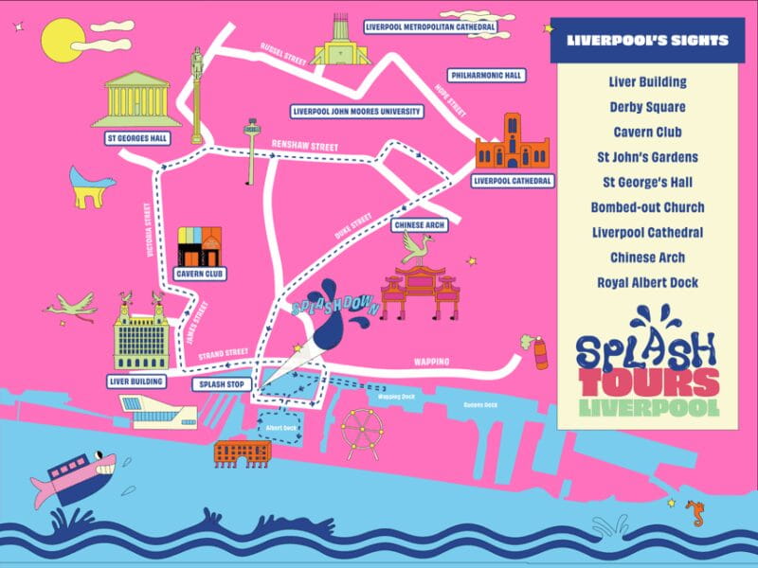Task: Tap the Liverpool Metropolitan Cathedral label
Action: pyautogui.click(x=430, y=27)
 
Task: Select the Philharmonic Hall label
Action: pyautogui.click(x=488, y=75)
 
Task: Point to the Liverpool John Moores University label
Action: pyautogui.click(x=356, y=111)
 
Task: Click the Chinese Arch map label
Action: pyautogui.click(x=418, y=225)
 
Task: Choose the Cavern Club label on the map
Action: pyautogui.click(x=200, y=275)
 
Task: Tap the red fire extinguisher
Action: pyautogui.click(x=541, y=353)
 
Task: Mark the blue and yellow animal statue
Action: pyautogui.click(x=92, y=186)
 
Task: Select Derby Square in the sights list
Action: pyautogui.click(x=647, y=107)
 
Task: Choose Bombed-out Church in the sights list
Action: pyautogui.click(x=647, y=207)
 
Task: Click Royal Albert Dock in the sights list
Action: pyautogui.click(x=647, y=282)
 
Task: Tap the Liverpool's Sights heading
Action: pyautogui.click(x=647, y=41)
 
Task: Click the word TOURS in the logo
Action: pyautogui.click(x=642, y=382)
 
